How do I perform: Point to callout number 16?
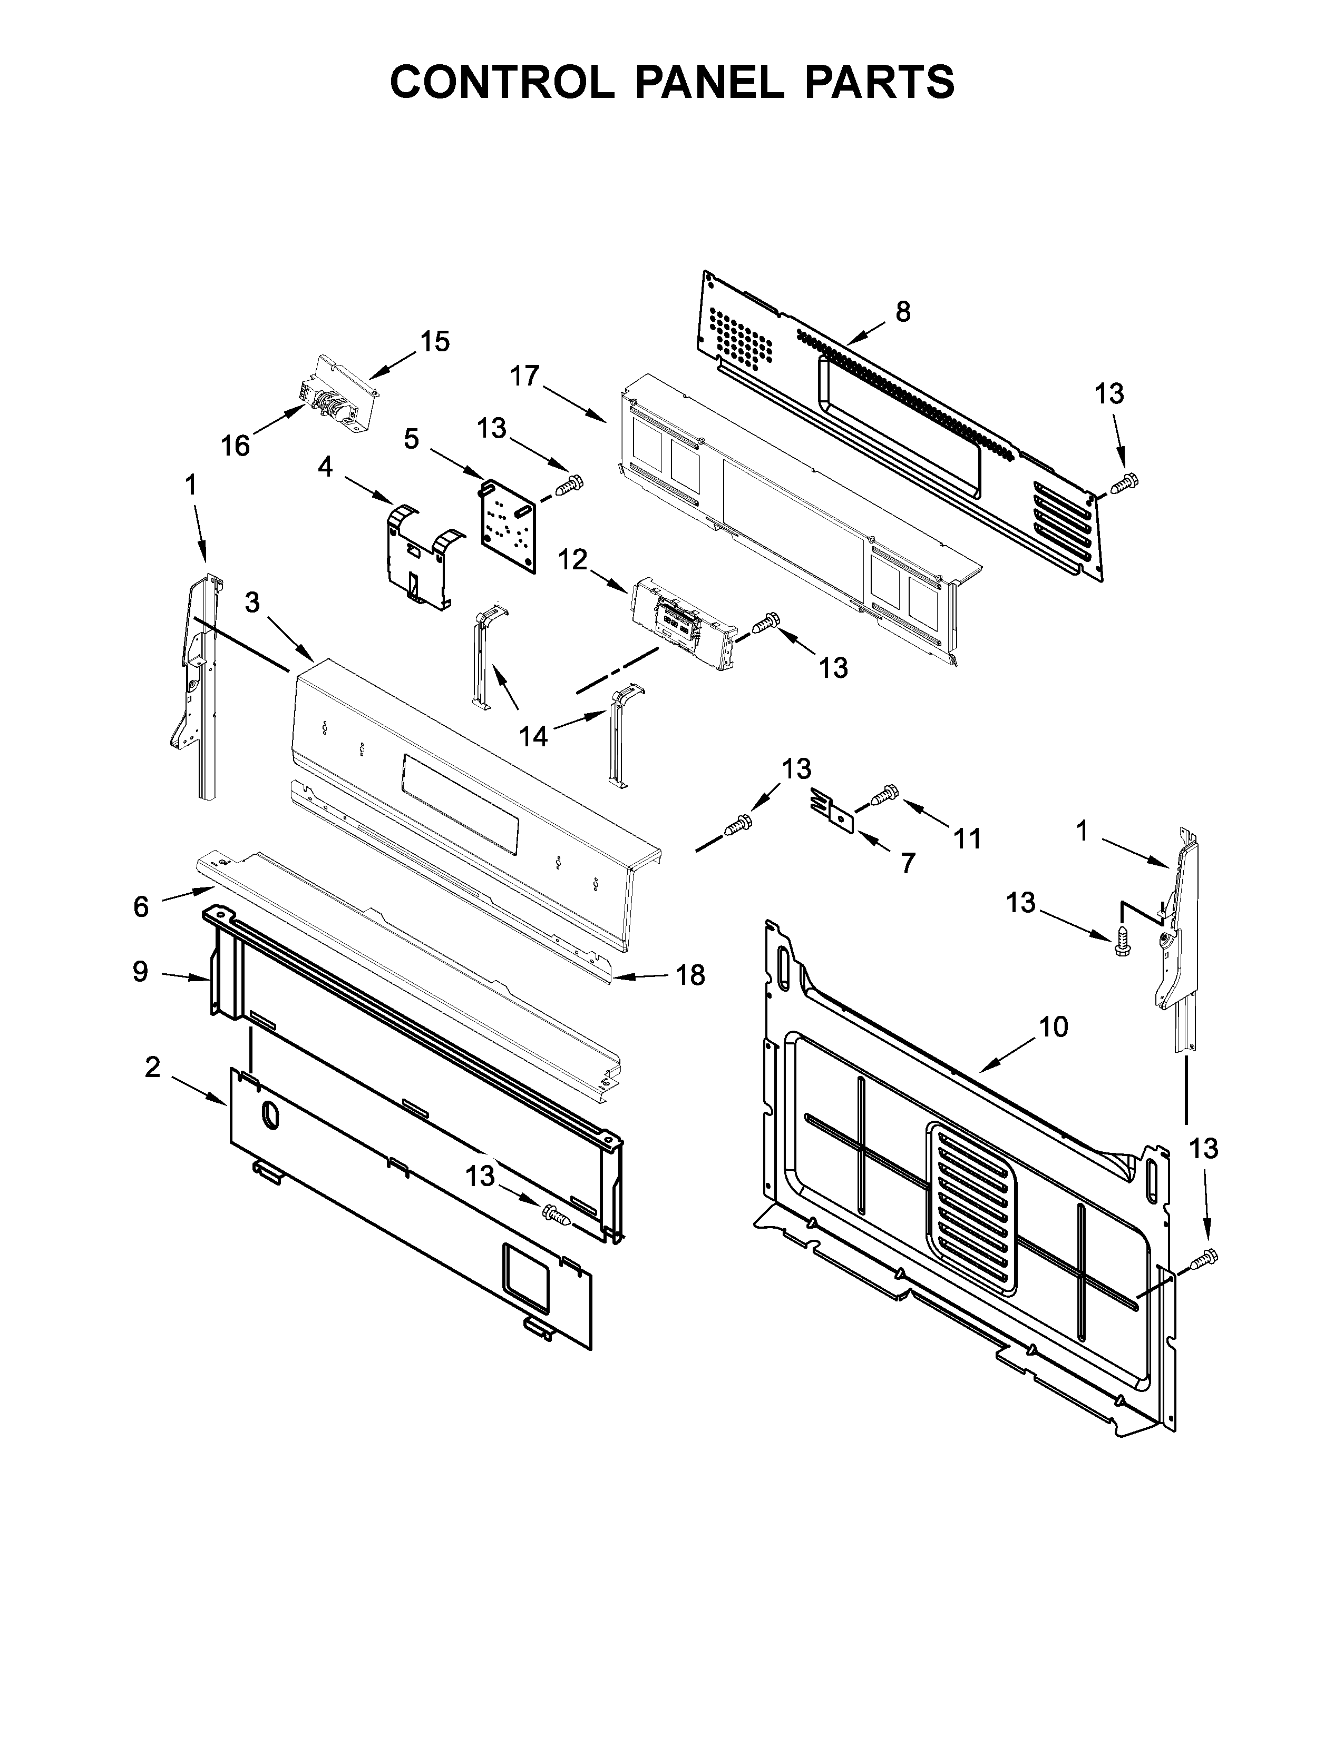pyautogui.click(x=236, y=446)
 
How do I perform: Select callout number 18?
pyautogui.click(x=691, y=975)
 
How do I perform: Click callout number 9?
pyautogui.click(x=140, y=972)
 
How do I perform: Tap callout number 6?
pyautogui.click(x=141, y=906)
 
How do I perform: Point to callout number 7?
pyautogui.click(x=908, y=863)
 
